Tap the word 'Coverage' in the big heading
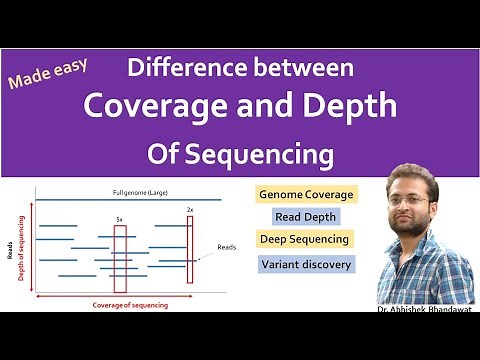[155, 105]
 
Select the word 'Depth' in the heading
[349, 105]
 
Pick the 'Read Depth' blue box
[306, 216]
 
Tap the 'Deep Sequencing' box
[304, 239]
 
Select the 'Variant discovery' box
[306, 264]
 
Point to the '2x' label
[190, 210]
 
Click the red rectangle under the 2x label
[189, 250]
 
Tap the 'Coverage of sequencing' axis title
[130, 303]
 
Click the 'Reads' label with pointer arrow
[228, 247]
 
